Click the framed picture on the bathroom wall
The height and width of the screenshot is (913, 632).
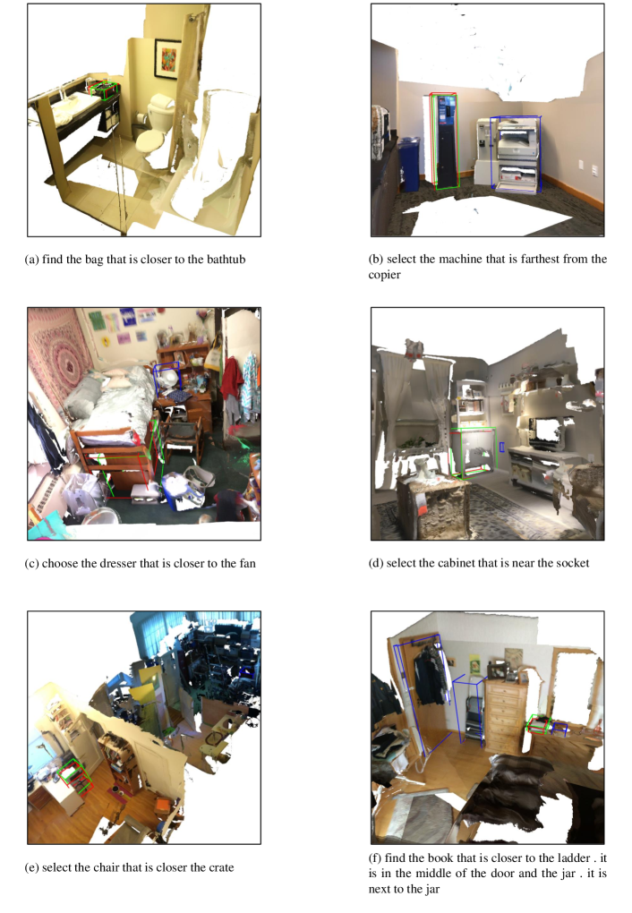(x=167, y=58)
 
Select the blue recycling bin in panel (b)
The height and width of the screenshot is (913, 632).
(x=408, y=164)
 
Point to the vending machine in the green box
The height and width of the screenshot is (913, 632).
(x=445, y=141)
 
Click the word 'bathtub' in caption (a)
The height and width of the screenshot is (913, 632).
(x=226, y=260)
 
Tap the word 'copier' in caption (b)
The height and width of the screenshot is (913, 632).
(x=384, y=276)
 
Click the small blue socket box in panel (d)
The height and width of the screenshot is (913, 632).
(x=501, y=448)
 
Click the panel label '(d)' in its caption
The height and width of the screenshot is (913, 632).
(x=376, y=564)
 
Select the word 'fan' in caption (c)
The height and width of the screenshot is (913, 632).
(x=248, y=564)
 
